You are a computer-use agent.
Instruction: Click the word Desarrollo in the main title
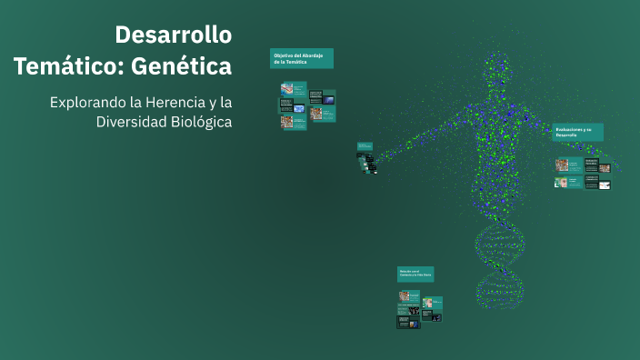[x=173, y=35]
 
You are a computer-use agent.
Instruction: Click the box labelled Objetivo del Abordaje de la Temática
[x=302, y=58]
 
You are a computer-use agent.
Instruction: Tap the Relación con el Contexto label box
[x=415, y=273]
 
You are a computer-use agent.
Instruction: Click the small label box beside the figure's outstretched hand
[x=364, y=145]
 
